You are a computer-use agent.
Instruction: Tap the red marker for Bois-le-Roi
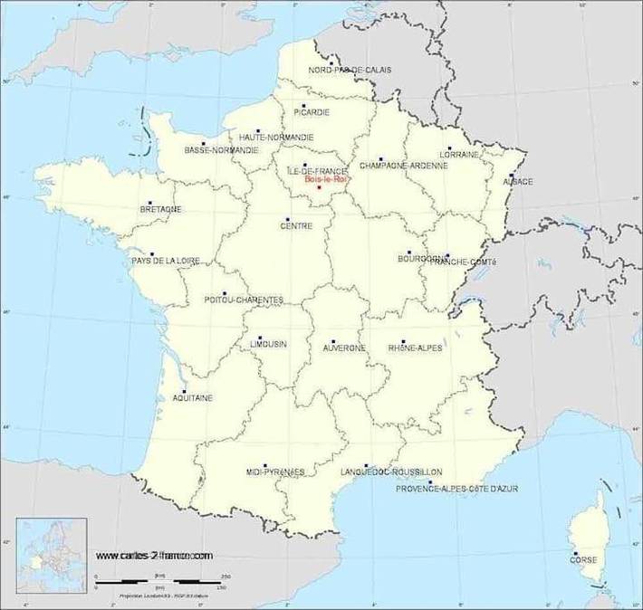319,187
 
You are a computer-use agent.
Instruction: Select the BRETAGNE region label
160,209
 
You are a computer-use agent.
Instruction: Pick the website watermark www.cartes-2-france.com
154,555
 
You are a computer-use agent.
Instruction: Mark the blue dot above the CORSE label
574,553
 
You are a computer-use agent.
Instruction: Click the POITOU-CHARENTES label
244,300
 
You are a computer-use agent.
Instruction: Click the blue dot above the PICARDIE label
304,105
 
